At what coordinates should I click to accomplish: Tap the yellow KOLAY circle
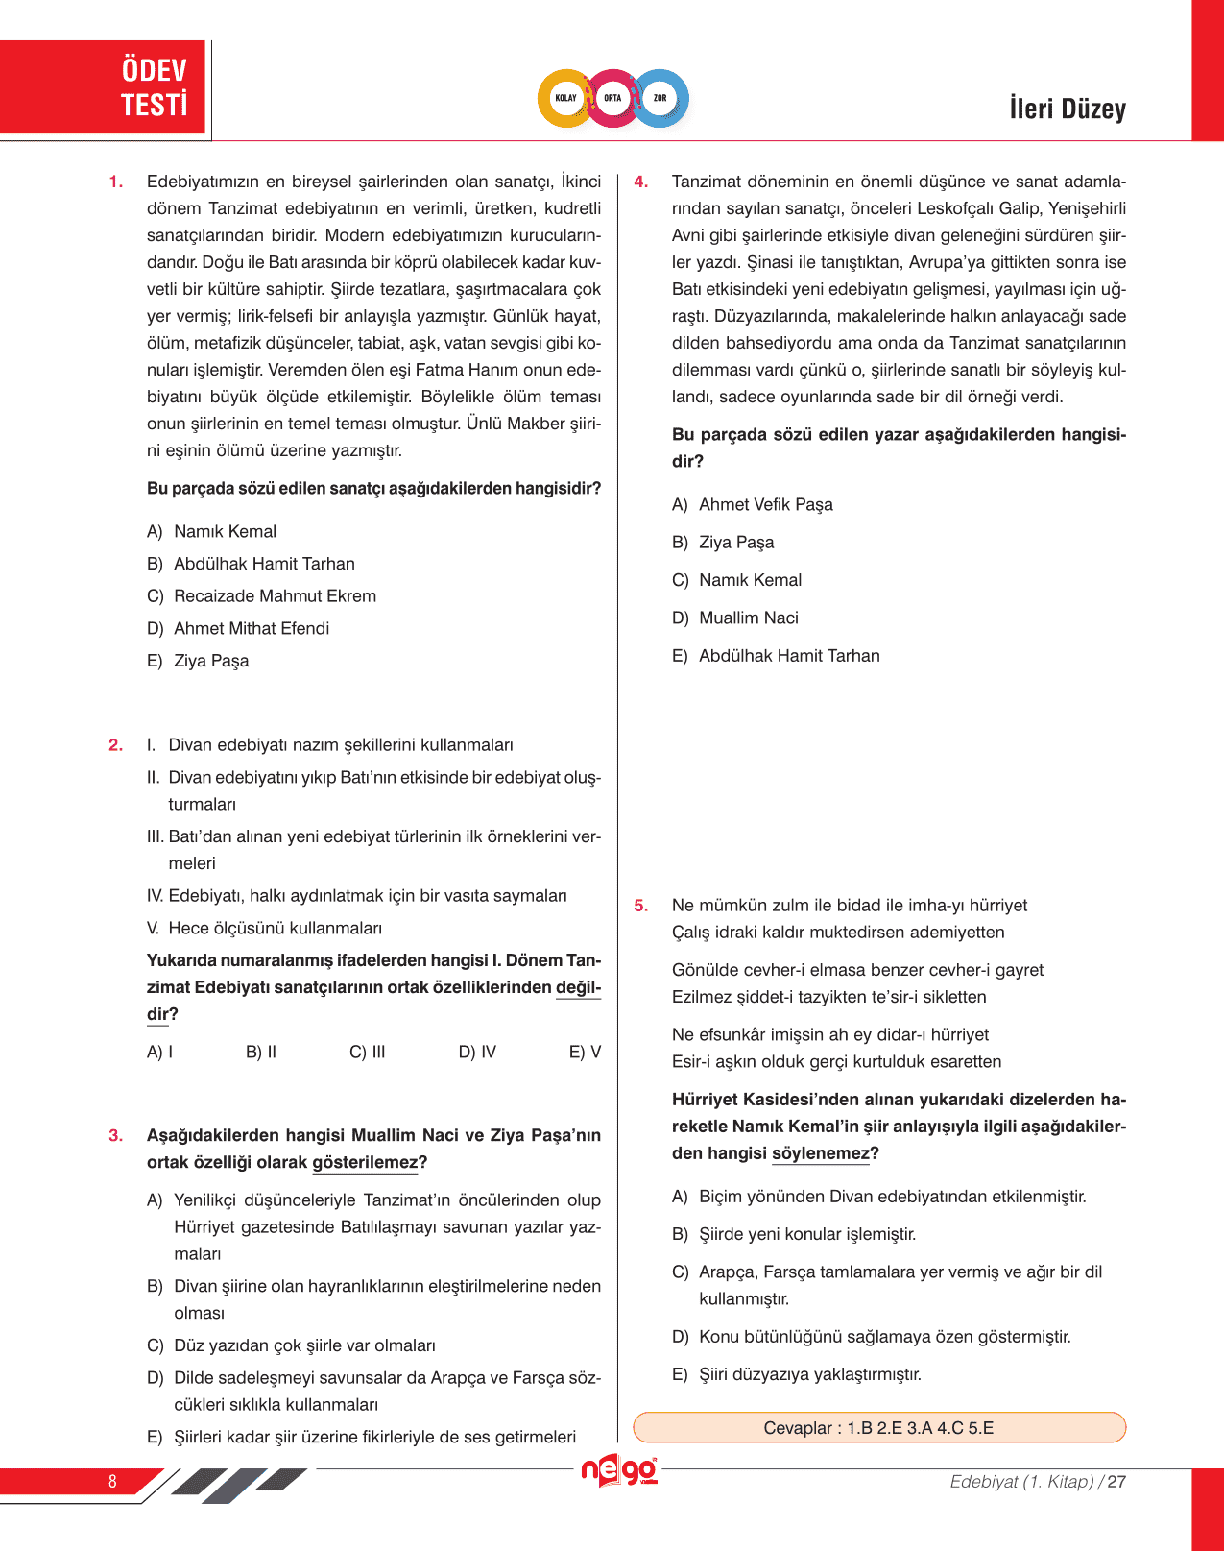565,98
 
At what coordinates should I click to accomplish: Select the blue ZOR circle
660,98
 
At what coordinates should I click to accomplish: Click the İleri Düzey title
1067,109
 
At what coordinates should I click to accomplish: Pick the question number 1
116,182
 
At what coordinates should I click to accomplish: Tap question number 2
116,745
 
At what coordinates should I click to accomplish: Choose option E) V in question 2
585,1052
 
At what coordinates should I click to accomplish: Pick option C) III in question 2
367,1052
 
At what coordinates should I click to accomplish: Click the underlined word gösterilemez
365,1162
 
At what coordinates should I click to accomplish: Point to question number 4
641,182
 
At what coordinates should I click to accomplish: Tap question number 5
641,906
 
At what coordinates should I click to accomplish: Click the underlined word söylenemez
821,1153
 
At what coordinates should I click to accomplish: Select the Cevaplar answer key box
878,1427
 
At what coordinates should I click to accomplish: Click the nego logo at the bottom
619,1470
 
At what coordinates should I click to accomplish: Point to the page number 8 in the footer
112,1481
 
